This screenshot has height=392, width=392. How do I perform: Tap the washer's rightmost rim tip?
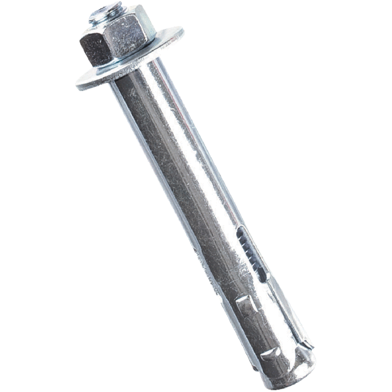point(180,29)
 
